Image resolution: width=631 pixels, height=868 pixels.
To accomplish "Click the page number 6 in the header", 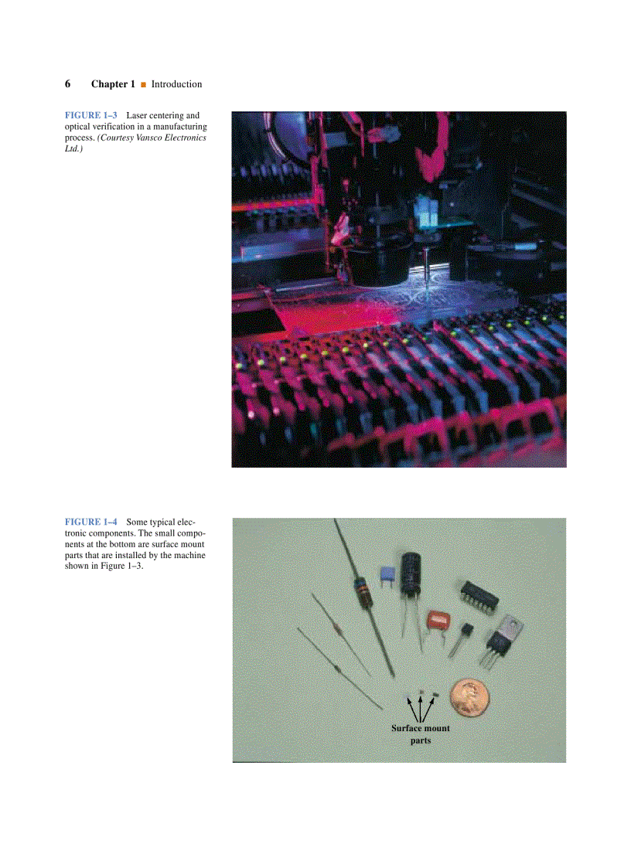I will pos(68,83).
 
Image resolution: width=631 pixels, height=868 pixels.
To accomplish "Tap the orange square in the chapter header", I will pos(143,84).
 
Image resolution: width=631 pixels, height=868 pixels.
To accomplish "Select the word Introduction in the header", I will pos(176,83).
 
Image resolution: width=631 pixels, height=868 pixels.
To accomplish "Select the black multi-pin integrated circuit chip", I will pos(478,596).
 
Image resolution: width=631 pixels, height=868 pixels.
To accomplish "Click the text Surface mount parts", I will pos(420,734).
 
